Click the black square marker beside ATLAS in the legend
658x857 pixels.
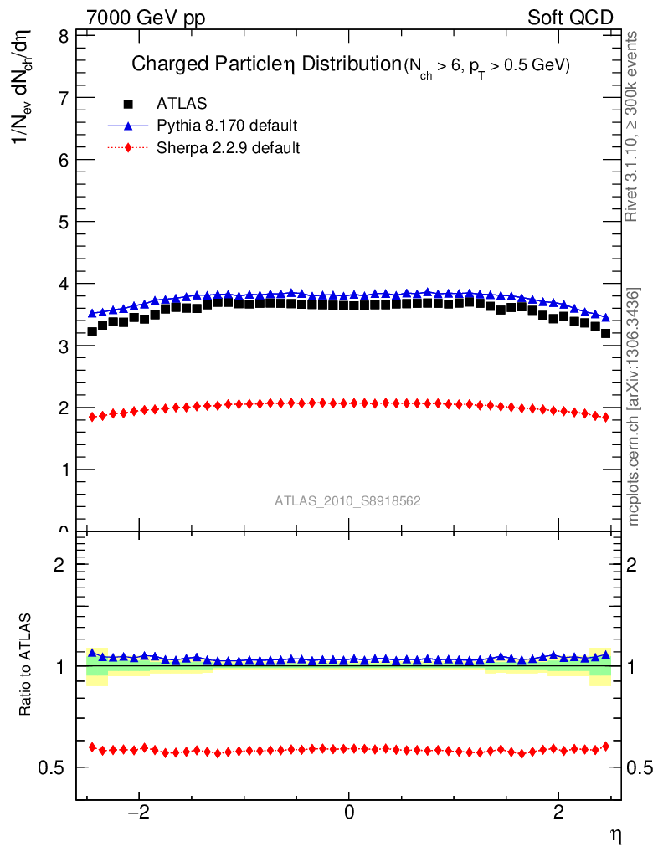click(x=128, y=104)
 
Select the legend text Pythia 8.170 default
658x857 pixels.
click(x=227, y=126)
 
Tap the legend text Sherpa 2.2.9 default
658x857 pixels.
click(x=229, y=148)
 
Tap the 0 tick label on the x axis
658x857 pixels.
click(x=349, y=813)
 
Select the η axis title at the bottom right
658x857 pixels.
click(x=614, y=834)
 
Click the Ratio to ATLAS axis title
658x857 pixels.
click(x=26, y=665)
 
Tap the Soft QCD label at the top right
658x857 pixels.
click(x=570, y=18)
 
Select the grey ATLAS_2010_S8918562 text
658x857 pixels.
click(x=347, y=501)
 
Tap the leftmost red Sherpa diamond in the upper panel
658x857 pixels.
click(x=92, y=417)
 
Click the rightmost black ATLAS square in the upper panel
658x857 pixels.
click(x=605, y=333)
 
